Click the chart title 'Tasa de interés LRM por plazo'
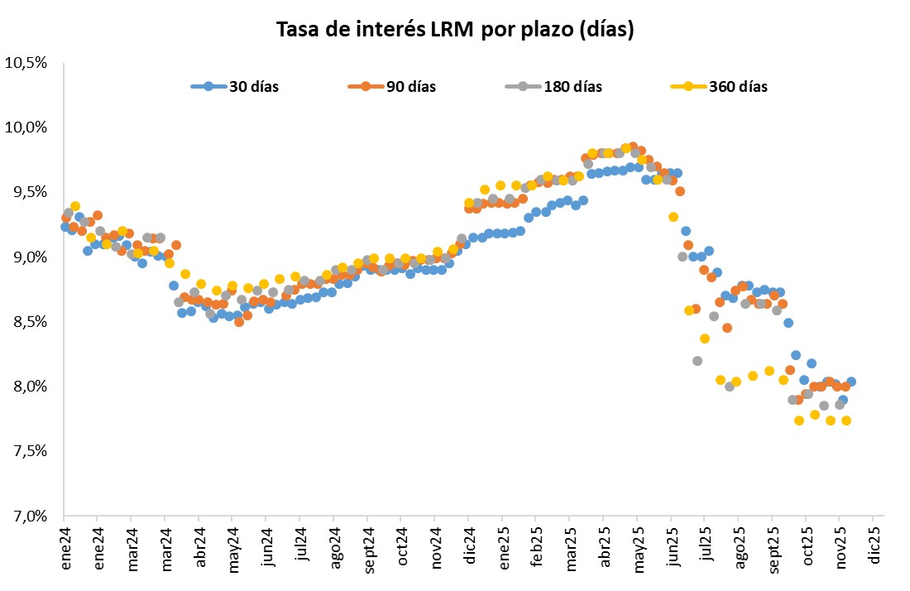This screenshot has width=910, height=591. pyautogui.click(x=455, y=31)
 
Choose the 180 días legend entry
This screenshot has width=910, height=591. pyautogui.click(x=572, y=87)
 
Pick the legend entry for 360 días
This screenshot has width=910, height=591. pyautogui.click(x=737, y=87)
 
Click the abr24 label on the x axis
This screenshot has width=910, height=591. pyautogui.click(x=199, y=547)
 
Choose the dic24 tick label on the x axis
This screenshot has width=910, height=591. pyautogui.click(x=469, y=547)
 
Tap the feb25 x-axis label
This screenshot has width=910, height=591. pyautogui.click(x=536, y=547)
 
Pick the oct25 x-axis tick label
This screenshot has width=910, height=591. pyautogui.click(x=807, y=547)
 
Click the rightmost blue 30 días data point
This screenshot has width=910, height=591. pyautogui.click(x=851, y=382)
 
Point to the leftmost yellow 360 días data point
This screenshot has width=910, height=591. pyautogui.click(x=75, y=206)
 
